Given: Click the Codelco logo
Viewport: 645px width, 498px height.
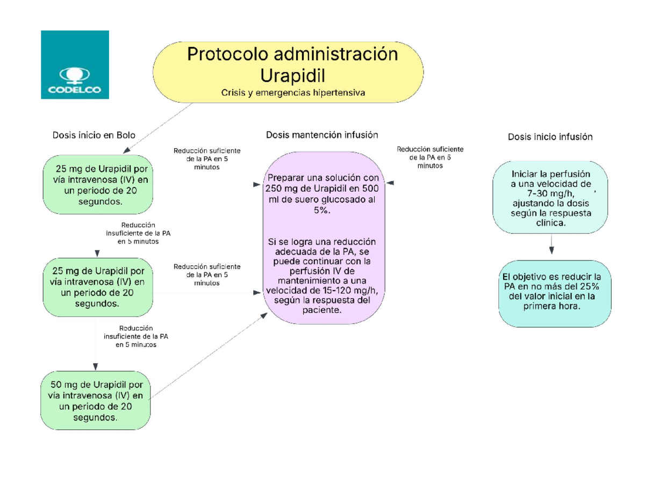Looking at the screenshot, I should [x=75, y=65].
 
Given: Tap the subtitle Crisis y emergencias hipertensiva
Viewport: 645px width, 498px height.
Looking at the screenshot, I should [x=293, y=93].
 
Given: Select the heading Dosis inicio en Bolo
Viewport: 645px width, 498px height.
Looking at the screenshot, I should [x=94, y=135].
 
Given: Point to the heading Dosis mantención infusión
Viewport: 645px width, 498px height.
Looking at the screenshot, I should [x=322, y=135].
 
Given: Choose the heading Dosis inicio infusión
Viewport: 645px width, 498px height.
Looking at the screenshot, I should [x=550, y=137].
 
